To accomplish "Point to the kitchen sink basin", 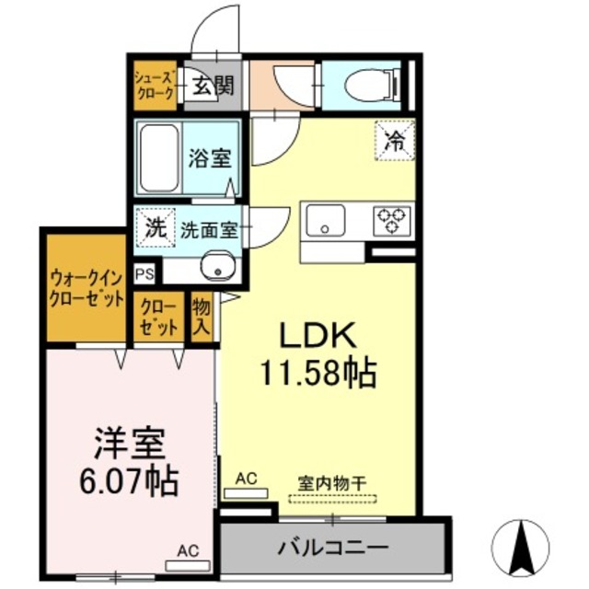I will click(326, 221).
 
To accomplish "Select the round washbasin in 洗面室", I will click(220, 266).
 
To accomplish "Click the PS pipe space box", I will click(144, 273).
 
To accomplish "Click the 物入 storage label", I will click(202, 317).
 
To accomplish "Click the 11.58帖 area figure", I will click(318, 372).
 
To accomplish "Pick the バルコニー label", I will click(332, 548).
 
